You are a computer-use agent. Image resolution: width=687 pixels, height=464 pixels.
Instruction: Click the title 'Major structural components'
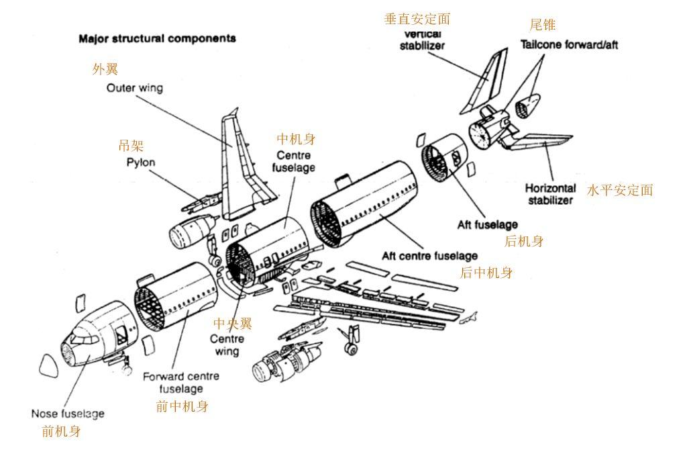158,39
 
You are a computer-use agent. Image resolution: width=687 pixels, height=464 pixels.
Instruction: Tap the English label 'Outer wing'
134,88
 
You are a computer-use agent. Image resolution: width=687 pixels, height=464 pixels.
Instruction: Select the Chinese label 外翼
105,69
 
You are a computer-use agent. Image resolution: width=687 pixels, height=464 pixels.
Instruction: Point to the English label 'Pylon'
140,163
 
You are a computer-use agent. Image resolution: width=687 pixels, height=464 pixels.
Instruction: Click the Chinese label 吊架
131,146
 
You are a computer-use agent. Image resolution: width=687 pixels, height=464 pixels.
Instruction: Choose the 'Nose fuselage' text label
68,414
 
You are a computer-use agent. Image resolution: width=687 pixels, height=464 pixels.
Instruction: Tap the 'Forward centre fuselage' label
180,383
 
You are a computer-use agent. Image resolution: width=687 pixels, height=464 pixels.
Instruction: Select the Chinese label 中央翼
233,324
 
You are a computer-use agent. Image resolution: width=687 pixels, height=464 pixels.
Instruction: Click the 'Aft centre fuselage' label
429,256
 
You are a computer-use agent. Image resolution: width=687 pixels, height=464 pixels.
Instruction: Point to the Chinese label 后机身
524,241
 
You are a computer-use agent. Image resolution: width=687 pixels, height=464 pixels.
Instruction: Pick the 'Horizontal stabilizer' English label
550,194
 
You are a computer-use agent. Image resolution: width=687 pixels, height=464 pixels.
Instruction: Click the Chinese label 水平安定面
620,190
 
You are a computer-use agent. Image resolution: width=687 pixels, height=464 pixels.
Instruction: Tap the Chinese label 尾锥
542,25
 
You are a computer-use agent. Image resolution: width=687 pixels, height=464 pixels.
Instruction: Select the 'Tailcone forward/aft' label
570,44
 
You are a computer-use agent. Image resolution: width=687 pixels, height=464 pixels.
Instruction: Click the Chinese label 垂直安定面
417,19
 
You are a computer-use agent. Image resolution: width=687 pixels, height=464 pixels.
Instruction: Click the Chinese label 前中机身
182,406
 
